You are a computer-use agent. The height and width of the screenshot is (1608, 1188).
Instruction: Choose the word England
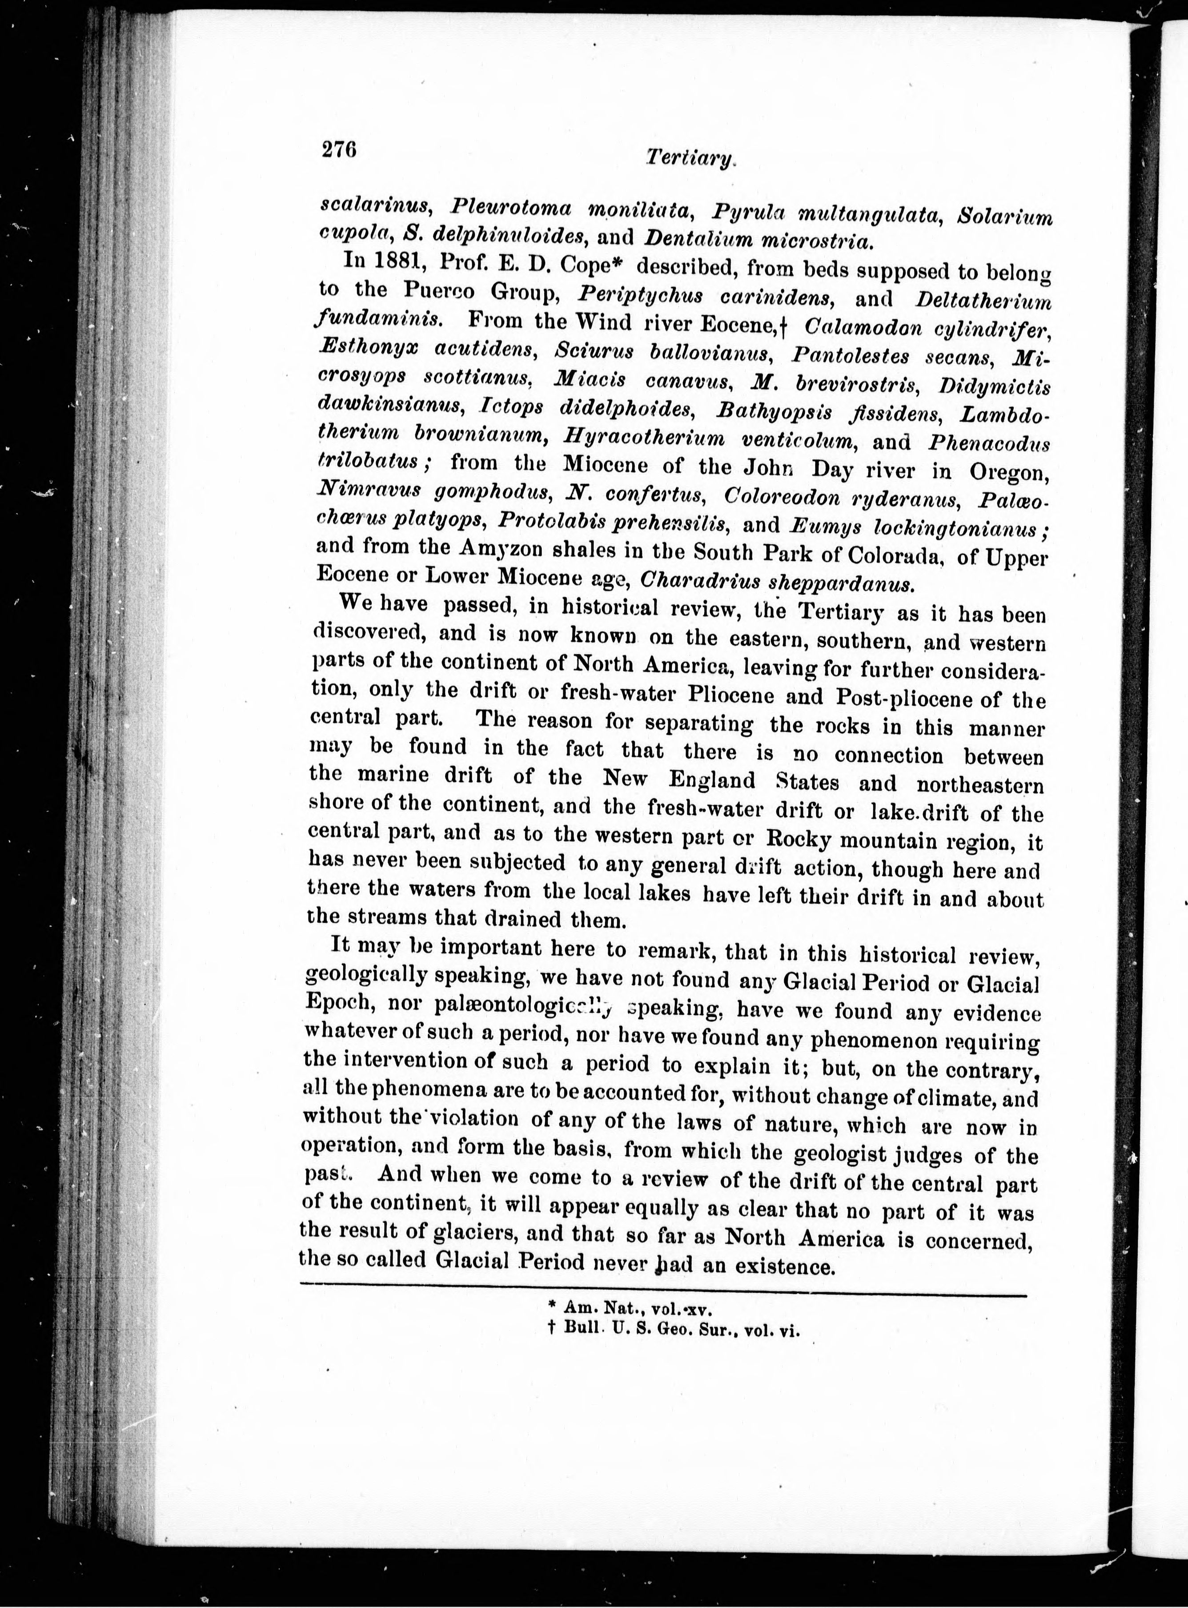(x=711, y=780)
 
